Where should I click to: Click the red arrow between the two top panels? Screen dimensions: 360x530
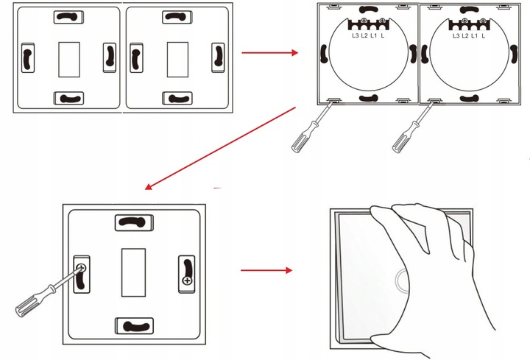coord(269,53)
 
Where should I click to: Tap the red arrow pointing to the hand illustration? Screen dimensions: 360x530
coord(266,270)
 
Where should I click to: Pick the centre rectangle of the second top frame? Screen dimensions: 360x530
coord(177,59)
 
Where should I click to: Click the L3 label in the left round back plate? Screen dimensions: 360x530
coord(355,35)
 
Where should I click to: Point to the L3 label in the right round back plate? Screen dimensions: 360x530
coord(456,35)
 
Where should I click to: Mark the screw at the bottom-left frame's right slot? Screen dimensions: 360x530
coord(186,280)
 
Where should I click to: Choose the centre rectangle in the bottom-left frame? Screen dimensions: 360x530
coord(132,269)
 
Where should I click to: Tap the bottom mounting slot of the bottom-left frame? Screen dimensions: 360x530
coord(134,324)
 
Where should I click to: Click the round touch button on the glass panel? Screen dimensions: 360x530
coord(402,280)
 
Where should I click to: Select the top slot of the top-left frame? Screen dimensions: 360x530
coord(68,16)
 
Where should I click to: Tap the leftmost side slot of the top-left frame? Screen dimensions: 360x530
coord(26,58)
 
